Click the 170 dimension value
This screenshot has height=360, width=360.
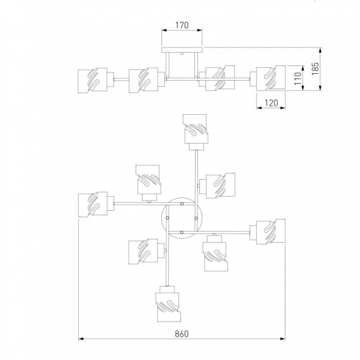(x=182, y=25)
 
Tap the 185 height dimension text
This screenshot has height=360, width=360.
(x=315, y=68)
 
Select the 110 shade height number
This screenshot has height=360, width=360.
(x=298, y=78)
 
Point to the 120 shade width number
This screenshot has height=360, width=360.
(x=271, y=103)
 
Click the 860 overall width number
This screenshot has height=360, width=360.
(x=182, y=334)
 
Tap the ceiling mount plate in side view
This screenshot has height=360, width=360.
(x=182, y=50)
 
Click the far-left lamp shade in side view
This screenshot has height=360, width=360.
(x=92, y=80)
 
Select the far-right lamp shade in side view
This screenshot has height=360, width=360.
(x=271, y=78)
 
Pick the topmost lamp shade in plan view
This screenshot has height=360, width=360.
(x=196, y=129)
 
